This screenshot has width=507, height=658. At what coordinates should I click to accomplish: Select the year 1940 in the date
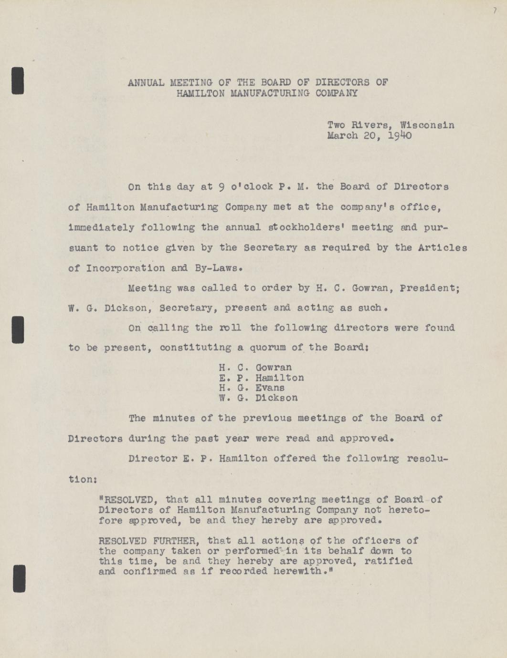tap(400, 136)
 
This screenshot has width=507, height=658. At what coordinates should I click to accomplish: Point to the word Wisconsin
tap(427, 125)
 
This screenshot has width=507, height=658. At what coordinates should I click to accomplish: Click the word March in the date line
tap(342, 136)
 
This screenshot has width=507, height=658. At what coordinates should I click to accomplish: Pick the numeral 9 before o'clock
tap(222, 187)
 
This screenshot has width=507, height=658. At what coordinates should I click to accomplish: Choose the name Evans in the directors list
tap(270, 388)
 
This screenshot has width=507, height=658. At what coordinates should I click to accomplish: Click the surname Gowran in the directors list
tap(274, 368)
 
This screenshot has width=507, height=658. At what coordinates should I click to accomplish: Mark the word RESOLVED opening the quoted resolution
tap(128, 500)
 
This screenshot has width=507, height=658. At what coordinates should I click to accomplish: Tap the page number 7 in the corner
tap(495, 10)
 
